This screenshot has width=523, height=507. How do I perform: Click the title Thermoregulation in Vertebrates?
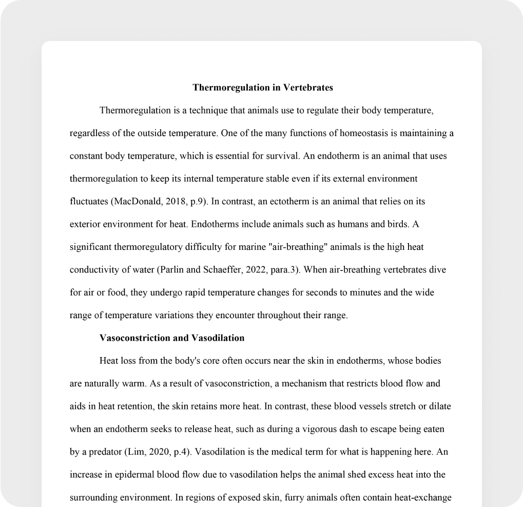[263, 88]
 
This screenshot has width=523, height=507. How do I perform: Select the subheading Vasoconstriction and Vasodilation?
[171, 338]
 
